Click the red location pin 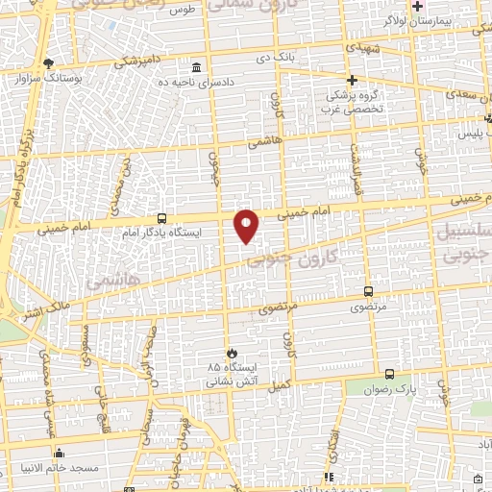click(x=247, y=225)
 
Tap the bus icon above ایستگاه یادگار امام click(x=160, y=218)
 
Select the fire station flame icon click(x=229, y=353)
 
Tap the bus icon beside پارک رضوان click(x=389, y=374)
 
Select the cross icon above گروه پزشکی click(x=353, y=81)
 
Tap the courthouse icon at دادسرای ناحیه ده click(x=197, y=68)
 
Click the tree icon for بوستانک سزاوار click(x=49, y=62)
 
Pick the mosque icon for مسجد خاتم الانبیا click(x=60, y=453)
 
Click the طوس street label click(x=182, y=12)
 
